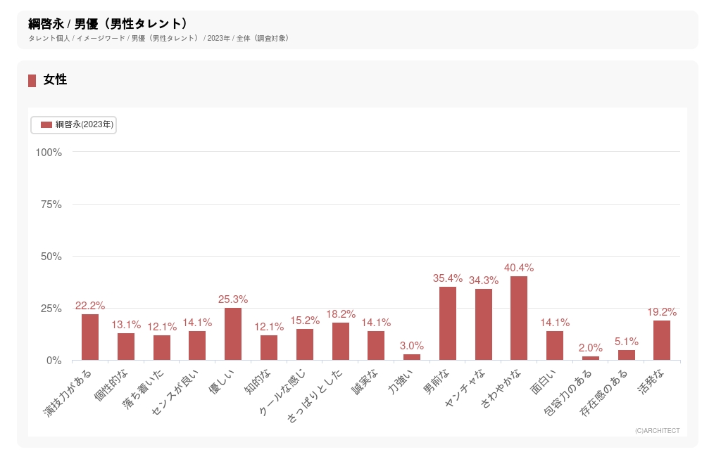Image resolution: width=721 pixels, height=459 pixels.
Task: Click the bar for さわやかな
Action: click(x=519, y=318)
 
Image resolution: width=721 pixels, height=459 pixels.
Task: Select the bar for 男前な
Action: click(x=448, y=323)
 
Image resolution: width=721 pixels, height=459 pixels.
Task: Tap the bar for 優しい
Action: click(x=233, y=334)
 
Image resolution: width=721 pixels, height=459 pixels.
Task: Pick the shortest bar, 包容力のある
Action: click(x=591, y=358)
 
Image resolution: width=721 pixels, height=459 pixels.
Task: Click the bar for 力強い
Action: click(x=412, y=357)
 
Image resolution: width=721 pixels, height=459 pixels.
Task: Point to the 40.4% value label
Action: click(x=519, y=268)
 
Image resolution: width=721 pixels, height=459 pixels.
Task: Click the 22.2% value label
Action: click(x=90, y=306)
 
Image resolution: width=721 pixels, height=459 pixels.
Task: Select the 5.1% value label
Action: click(x=627, y=342)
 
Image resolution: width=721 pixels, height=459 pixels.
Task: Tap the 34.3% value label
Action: click(x=484, y=280)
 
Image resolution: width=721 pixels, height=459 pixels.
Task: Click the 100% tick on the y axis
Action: click(x=49, y=153)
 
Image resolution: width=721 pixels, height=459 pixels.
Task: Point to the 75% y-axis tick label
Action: click(x=51, y=205)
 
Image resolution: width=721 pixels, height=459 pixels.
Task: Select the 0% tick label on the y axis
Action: click(x=54, y=361)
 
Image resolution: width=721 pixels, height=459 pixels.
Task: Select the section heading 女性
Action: click(x=55, y=80)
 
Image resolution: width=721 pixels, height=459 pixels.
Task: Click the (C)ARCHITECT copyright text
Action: click(x=657, y=431)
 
